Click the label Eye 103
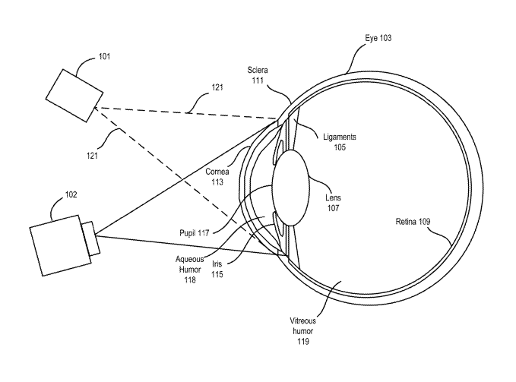point(378,38)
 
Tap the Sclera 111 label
point(258,75)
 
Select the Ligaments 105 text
point(340,142)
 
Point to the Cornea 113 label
point(217,176)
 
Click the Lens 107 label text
point(333,203)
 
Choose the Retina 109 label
point(413,222)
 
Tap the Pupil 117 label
point(194,233)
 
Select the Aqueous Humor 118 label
point(190,270)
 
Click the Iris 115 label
point(217,269)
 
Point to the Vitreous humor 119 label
point(302,331)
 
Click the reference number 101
point(104,56)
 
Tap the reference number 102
point(71,194)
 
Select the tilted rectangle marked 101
point(74,96)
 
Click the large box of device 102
point(61,245)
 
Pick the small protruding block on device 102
point(91,239)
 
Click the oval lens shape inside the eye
point(290,188)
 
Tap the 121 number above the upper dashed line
point(217,87)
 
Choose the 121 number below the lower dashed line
point(93,155)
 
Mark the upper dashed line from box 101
point(185,112)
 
